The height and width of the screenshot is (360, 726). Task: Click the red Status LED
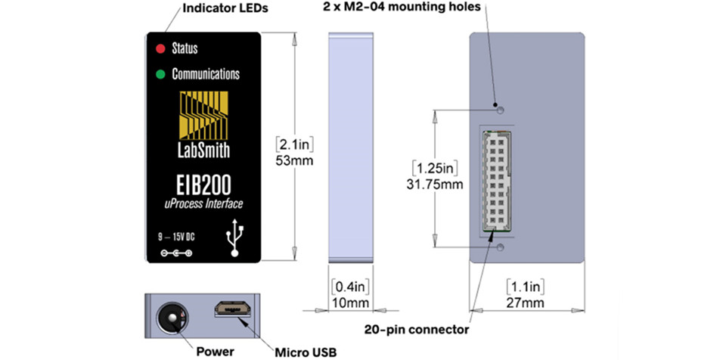click(x=160, y=48)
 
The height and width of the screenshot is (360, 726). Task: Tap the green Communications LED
click(x=160, y=73)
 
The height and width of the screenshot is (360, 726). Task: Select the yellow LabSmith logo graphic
click(x=204, y=116)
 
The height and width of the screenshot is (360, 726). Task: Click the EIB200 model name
click(x=204, y=185)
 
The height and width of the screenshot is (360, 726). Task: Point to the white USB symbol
click(x=235, y=237)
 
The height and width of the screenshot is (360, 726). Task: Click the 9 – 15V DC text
click(x=176, y=237)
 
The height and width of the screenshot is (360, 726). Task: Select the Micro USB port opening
click(x=233, y=309)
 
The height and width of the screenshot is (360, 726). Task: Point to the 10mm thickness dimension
click(x=350, y=303)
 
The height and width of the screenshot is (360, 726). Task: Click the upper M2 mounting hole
click(x=500, y=110)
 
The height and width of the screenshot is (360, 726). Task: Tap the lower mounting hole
click(x=500, y=247)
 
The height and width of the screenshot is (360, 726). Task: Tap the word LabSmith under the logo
click(x=204, y=151)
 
